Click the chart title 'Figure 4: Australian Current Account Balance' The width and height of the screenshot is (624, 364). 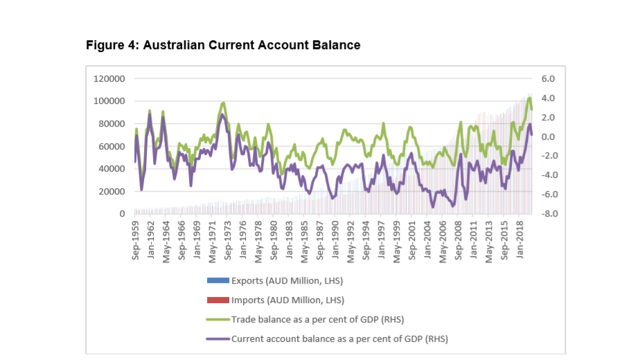point(223,46)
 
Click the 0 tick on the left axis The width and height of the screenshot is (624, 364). point(122,214)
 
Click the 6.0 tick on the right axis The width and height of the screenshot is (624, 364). point(548,79)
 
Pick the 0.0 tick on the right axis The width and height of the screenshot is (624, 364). point(548,137)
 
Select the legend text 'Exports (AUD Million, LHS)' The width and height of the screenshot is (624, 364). point(287,280)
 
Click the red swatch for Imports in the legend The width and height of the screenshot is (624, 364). point(217,300)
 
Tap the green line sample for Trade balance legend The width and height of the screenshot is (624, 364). point(217,320)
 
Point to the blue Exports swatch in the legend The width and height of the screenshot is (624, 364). point(217,280)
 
